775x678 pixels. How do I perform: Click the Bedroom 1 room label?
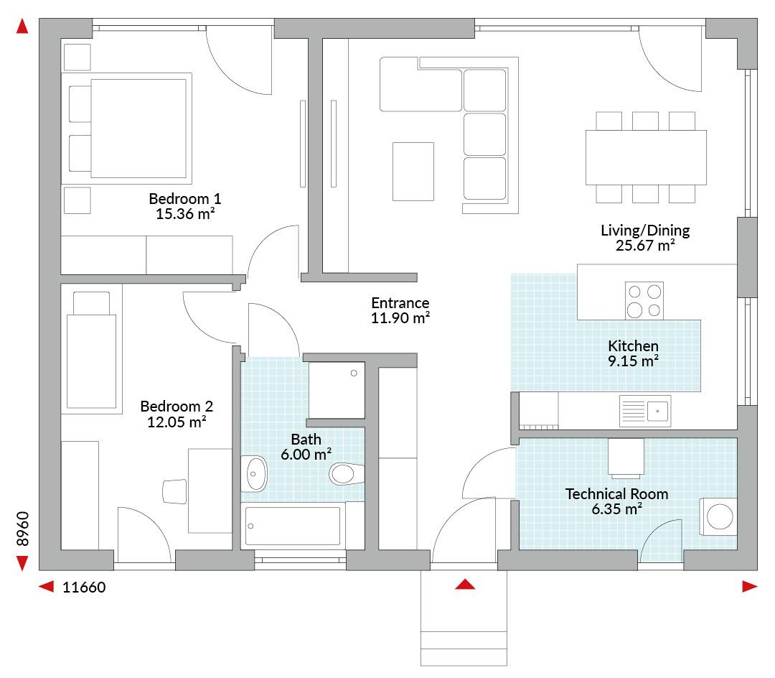[x=185, y=199]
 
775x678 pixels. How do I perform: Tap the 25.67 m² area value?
[x=645, y=246]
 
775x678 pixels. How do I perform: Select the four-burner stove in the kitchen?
[x=644, y=301]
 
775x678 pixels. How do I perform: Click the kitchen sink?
[x=645, y=411]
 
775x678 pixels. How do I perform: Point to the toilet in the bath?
[x=347, y=474]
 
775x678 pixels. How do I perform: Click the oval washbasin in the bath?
[x=253, y=474]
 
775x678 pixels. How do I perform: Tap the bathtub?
[x=293, y=526]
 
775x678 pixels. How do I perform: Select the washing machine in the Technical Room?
[x=718, y=517]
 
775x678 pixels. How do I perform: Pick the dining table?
[x=646, y=157]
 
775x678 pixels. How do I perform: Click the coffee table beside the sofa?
[x=413, y=172]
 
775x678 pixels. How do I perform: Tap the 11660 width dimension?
[x=84, y=588]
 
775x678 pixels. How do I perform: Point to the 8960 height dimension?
[x=23, y=529]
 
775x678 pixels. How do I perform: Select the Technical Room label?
[x=616, y=494]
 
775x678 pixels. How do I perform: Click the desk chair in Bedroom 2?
[x=175, y=491]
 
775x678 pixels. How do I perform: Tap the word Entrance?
[x=400, y=302]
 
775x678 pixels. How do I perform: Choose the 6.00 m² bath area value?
[x=306, y=455]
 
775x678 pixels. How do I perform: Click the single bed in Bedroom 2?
[x=91, y=350]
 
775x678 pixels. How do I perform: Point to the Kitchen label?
[x=633, y=345]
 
